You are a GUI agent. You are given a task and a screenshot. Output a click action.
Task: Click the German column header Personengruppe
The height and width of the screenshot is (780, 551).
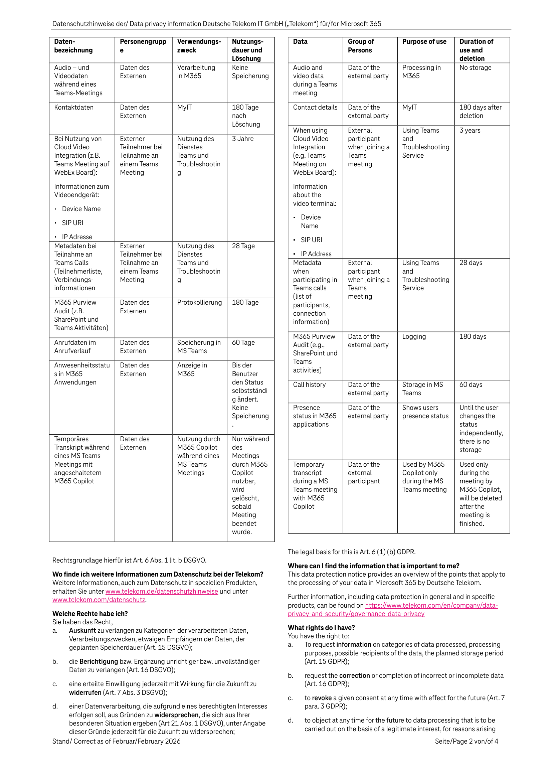143,46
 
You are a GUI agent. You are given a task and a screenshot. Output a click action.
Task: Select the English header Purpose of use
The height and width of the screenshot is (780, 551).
424,42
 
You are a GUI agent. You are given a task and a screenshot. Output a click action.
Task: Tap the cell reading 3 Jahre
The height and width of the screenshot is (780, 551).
242,139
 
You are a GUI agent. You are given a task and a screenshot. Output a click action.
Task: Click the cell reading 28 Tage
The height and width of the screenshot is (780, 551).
243,246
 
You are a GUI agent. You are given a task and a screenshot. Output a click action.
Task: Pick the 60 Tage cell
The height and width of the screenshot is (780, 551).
243,342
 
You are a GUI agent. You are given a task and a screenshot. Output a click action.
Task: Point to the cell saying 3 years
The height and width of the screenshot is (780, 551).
470,131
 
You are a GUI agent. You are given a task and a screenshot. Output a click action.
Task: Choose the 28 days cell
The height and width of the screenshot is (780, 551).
471,263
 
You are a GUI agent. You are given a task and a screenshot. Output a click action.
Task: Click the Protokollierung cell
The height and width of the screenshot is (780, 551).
199,302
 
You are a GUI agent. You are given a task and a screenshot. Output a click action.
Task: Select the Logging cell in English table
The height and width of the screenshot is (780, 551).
414,336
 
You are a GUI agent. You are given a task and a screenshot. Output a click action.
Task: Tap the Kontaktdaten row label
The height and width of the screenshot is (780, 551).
74,107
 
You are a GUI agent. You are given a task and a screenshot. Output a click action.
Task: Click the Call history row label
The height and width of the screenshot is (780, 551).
309,384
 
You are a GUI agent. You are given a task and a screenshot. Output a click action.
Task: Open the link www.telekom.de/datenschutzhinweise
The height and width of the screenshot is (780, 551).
162,591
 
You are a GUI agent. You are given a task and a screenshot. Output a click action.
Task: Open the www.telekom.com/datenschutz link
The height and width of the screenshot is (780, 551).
99,600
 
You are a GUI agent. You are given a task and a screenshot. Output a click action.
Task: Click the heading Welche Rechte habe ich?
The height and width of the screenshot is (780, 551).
90,614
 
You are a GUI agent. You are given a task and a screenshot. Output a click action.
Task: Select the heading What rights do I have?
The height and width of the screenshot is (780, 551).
321,627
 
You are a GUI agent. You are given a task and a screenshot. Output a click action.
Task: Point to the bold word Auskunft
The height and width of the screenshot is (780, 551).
82,631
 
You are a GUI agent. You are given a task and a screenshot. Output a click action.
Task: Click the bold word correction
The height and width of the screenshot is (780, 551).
354,675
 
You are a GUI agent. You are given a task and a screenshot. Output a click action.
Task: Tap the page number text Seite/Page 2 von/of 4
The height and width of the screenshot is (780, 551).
467,741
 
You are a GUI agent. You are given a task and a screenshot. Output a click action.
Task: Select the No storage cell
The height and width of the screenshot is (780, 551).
475,67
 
